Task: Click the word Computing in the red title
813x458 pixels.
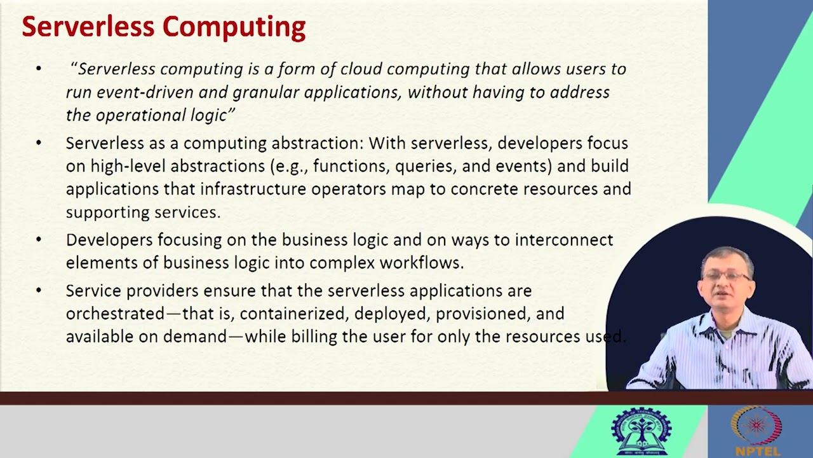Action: (x=234, y=27)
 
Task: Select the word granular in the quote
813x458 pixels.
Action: (x=265, y=92)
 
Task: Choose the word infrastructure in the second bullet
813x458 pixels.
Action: (x=253, y=189)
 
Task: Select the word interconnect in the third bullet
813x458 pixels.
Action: (x=563, y=240)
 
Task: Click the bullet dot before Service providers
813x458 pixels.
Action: (x=39, y=290)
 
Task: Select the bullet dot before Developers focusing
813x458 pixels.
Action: (x=39, y=239)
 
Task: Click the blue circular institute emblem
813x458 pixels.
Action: (x=640, y=431)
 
